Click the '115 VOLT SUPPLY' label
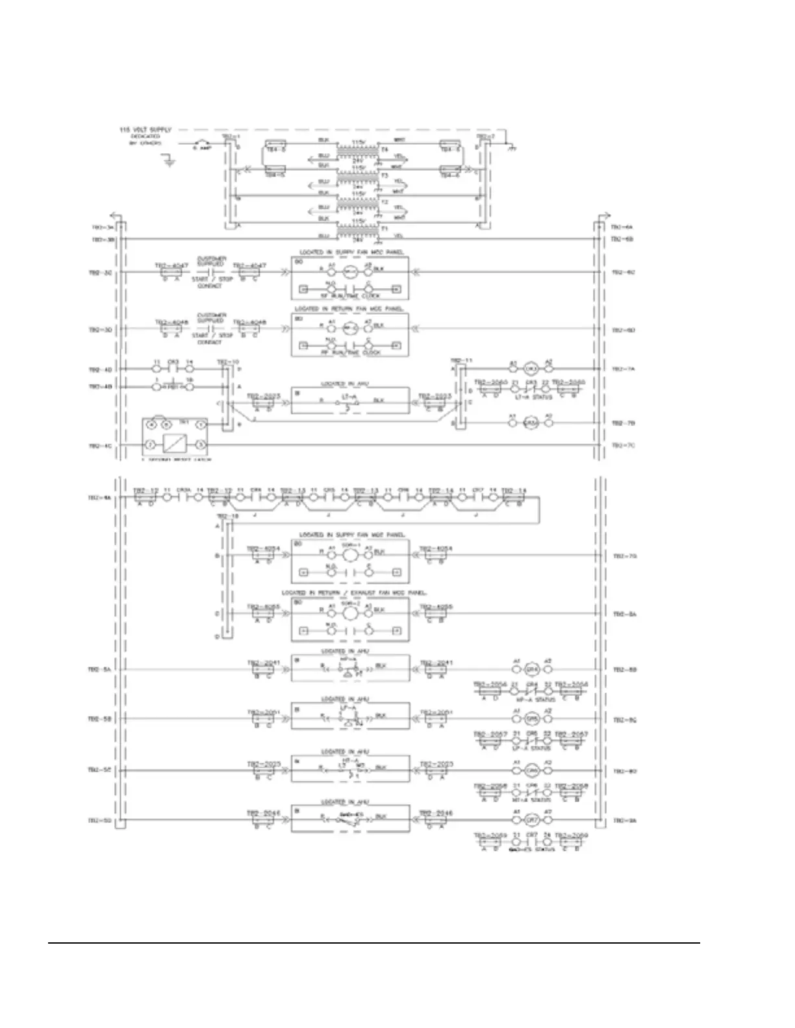[x=145, y=130]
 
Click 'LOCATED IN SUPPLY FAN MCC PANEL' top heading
[x=351, y=252]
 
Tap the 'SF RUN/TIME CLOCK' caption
[x=351, y=295]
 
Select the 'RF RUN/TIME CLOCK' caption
[x=351, y=352]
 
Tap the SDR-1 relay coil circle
[x=350, y=556]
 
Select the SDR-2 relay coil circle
[x=350, y=613]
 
